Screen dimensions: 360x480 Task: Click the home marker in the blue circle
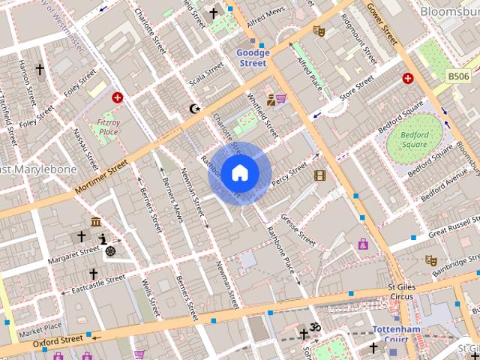[x=239, y=172]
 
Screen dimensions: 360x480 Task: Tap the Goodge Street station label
[x=251, y=58]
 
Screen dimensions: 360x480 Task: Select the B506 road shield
[x=460, y=76]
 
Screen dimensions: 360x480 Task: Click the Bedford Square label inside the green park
[x=414, y=140]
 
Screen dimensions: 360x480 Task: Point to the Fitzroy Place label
[x=108, y=127]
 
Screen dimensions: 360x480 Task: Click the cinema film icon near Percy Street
[x=320, y=175]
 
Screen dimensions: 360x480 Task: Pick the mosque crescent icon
[x=195, y=109]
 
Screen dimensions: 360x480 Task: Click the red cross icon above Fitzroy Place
[x=118, y=97]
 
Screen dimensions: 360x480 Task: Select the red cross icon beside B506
[x=407, y=78]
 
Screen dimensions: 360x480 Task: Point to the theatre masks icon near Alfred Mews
[x=318, y=31]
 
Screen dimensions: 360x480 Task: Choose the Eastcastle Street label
[x=94, y=282]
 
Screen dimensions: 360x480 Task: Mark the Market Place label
[x=40, y=328]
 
